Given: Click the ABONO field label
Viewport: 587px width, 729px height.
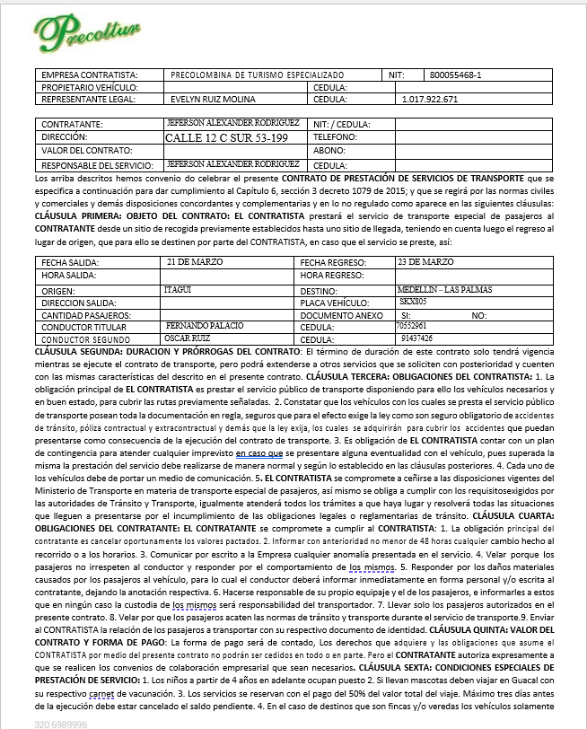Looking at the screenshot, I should tap(329, 151).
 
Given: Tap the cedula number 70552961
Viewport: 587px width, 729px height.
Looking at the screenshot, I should tap(413, 325).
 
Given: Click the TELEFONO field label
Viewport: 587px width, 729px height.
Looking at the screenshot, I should tap(335, 137).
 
